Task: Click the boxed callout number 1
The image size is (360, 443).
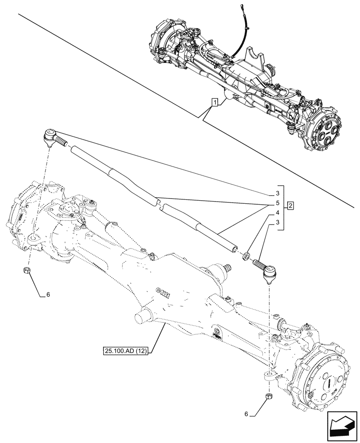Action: [x=215, y=103]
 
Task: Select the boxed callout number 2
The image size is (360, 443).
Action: [x=290, y=205]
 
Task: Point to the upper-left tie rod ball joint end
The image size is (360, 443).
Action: [x=50, y=136]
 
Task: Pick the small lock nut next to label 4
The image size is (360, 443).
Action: [x=246, y=256]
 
